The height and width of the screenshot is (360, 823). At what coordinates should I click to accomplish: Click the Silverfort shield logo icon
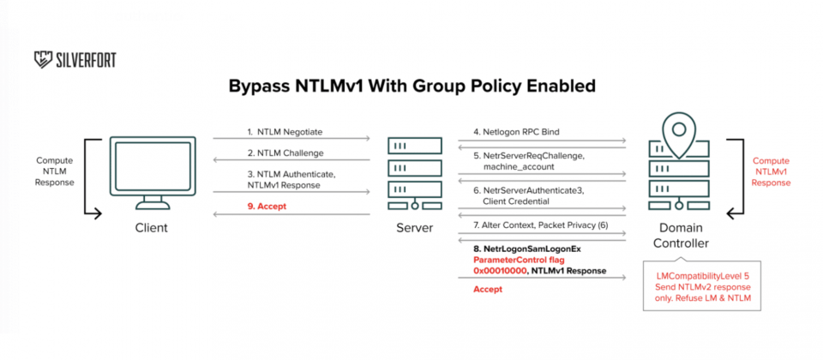coord(43,60)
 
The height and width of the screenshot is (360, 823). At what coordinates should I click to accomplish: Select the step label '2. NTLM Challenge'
coord(285,153)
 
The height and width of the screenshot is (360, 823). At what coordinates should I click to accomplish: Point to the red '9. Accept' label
coord(267,207)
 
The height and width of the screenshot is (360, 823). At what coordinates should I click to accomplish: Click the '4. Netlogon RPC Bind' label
coord(516,132)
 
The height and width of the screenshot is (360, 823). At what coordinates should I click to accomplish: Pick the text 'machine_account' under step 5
coord(514,165)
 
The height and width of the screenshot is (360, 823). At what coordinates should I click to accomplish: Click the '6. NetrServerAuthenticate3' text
coord(529,190)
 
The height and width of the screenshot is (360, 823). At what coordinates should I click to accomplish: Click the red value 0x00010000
coord(497,271)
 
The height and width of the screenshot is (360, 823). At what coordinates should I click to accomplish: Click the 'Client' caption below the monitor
coord(152,228)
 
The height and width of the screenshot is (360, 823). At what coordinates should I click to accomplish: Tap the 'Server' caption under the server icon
coord(415,228)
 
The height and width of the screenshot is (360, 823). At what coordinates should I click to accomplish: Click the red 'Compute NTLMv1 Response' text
coord(771,171)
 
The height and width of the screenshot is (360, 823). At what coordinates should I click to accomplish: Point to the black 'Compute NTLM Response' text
coord(55,171)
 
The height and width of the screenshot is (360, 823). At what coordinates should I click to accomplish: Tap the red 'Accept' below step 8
coord(488,289)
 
